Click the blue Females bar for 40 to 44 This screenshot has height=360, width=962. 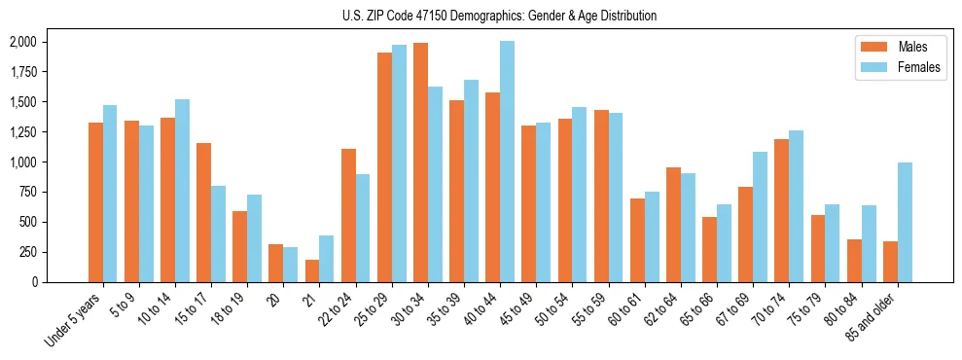[x=507, y=162]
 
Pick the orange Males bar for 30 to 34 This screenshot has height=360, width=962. [x=420, y=162]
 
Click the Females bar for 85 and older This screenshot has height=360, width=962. [x=905, y=222]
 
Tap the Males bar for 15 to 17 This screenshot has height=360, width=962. [x=203, y=212]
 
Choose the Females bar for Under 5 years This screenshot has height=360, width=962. [x=110, y=194]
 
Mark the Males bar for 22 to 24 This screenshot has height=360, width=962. [x=348, y=215]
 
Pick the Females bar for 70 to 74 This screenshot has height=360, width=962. [x=796, y=206]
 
